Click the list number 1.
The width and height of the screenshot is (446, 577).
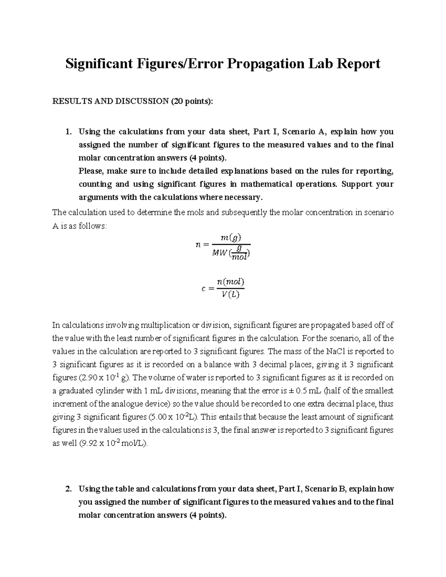[x=67, y=132]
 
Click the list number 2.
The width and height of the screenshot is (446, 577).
[x=67, y=489]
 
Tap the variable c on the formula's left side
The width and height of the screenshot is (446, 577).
[x=203, y=288]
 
